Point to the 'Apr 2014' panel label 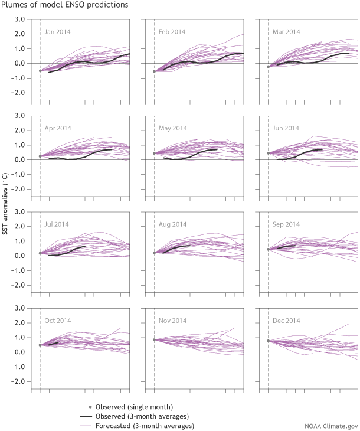tap(58, 128)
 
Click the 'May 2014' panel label tap(173, 128)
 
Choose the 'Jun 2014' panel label tap(287, 128)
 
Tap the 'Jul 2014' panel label tap(58, 224)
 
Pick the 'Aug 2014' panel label tap(173, 224)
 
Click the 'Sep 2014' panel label tap(287, 224)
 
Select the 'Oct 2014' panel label tap(58, 321)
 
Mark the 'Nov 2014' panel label tap(173, 321)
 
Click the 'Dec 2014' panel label tap(287, 321)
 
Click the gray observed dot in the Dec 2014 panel tap(268, 341)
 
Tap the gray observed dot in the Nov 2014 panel tap(154, 339)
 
